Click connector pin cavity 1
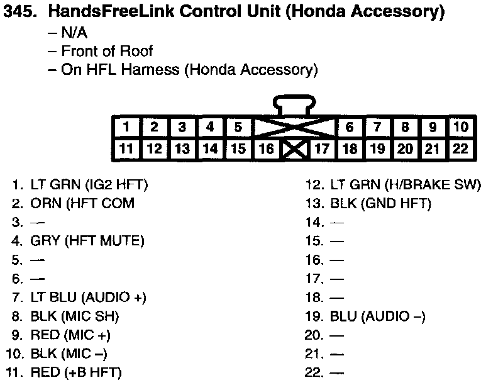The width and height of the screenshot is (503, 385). click(x=126, y=127)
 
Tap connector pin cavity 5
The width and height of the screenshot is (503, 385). click(x=238, y=127)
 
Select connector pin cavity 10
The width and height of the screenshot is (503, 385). click(x=461, y=127)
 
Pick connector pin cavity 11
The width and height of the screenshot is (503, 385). click(x=126, y=149)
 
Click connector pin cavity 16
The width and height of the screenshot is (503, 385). click(x=266, y=149)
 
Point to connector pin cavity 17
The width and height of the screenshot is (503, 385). click(x=322, y=149)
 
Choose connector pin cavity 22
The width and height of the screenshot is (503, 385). click(x=461, y=149)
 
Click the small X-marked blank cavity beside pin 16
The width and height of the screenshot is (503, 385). click(x=294, y=150)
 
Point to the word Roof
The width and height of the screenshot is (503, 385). click(x=138, y=51)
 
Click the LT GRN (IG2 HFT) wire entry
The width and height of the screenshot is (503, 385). click(x=89, y=185)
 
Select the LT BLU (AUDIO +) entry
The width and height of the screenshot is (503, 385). click(x=88, y=297)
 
